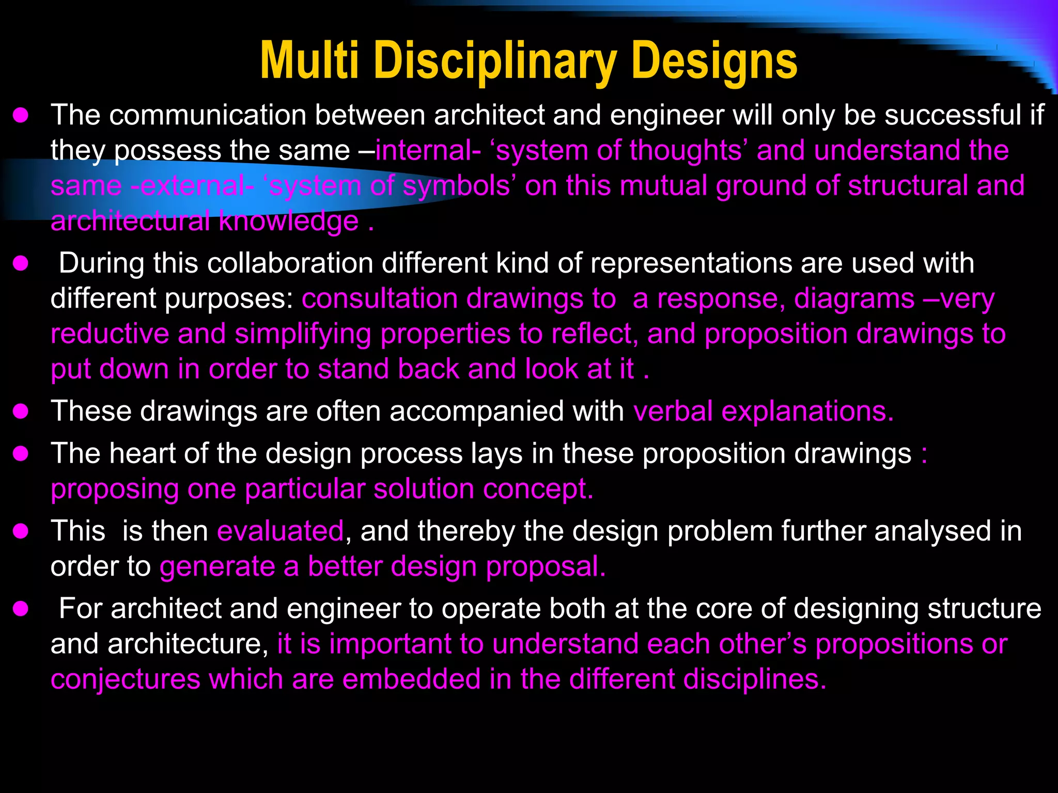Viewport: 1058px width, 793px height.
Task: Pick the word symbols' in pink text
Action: (458, 185)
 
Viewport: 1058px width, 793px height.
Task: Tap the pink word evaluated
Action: (281, 531)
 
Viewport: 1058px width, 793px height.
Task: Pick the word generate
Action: (217, 566)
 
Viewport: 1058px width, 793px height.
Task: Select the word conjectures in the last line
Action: (126, 679)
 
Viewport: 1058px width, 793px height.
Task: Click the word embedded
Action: (411, 679)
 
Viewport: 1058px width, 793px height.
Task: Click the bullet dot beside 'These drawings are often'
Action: (21, 411)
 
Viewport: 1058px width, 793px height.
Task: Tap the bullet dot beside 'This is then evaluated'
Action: (21, 531)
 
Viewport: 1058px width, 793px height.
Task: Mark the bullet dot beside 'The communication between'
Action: (21, 115)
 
